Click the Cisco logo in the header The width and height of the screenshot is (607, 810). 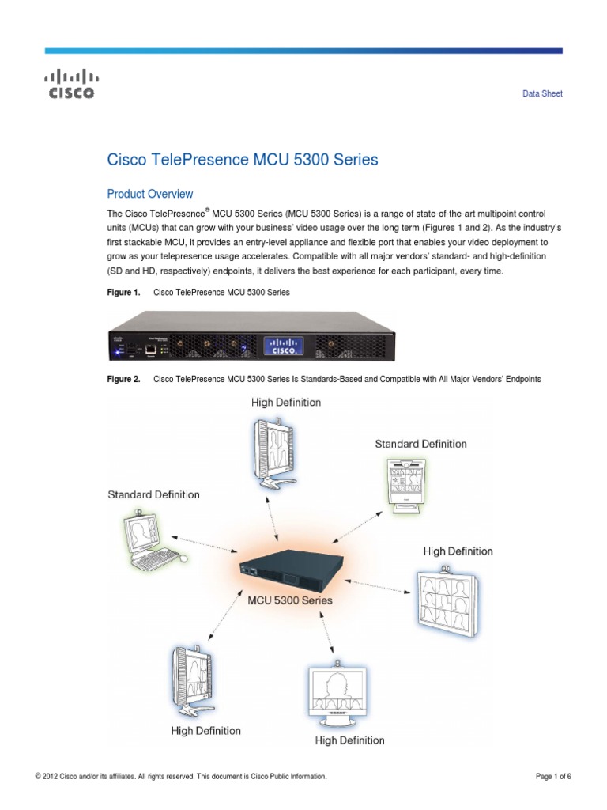pyautogui.click(x=71, y=85)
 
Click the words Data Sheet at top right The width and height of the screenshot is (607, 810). pyautogui.click(x=542, y=93)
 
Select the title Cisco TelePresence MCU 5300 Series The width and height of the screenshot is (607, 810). pyautogui.click(x=243, y=160)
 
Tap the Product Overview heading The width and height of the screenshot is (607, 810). pyautogui.click(x=149, y=194)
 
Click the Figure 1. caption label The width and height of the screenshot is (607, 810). pyautogui.click(x=123, y=293)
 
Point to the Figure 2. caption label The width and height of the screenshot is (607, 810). pyautogui.click(x=123, y=380)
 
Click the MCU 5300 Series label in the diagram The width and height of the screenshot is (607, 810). pyautogui.click(x=290, y=600)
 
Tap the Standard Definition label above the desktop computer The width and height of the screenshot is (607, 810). pyautogui.click(x=153, y=494)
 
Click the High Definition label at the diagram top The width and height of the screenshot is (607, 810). pyautogui.click(x=286, y=403)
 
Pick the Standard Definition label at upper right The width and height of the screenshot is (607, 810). pyautogui.click(x=420, y=444)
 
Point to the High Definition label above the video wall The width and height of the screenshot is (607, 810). pyautogui.click(x=458, y=551)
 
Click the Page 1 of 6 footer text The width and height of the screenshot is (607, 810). pyautogui.click(x=553, y=777)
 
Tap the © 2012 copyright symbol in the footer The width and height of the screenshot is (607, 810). pyautogui.click(x=39, y=777)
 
